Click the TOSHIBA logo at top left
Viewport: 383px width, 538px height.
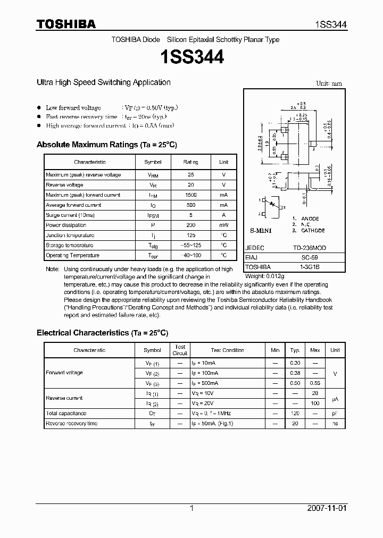coord(66,24)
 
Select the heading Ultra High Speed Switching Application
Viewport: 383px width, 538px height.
coord(103,82)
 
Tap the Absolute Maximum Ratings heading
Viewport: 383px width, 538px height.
coord(106,145)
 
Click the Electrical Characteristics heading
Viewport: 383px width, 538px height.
coord(102,333)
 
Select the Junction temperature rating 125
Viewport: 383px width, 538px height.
coord(190,236)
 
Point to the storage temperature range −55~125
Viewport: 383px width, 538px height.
coord(190,246)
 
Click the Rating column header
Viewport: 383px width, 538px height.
coord(190,162)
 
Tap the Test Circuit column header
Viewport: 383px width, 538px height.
coord(180,350)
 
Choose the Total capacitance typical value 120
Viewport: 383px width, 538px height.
coord(295,413)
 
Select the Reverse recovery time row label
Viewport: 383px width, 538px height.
coord(71,424)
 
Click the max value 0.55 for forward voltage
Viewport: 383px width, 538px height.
coord(315,383)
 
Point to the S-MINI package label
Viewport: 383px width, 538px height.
coord(261,232)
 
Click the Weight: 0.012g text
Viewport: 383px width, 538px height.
coord(264,276)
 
